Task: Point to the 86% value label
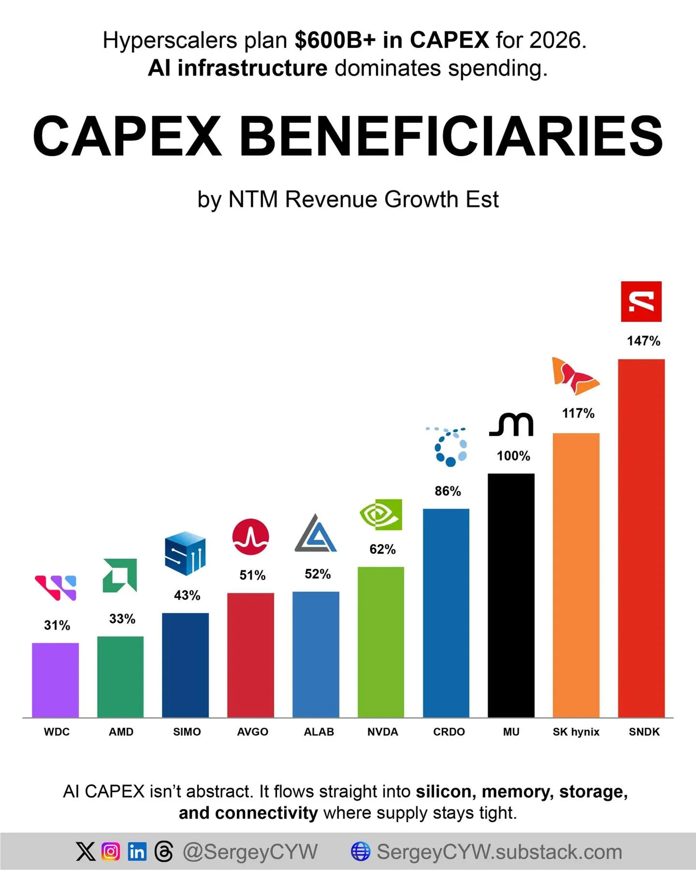tap(448, 491)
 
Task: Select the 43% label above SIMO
tap(187, 595)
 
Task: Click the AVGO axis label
tap(253, 732)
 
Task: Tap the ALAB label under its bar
tap(319, 732)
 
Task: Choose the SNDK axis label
tap(644, 732)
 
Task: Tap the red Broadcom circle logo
tap(250, 537)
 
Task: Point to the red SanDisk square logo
tap(641, 301)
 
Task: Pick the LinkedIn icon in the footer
tap(137, 852)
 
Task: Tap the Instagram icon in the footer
tap(111, 852)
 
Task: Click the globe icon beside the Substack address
tap(360, 852)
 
